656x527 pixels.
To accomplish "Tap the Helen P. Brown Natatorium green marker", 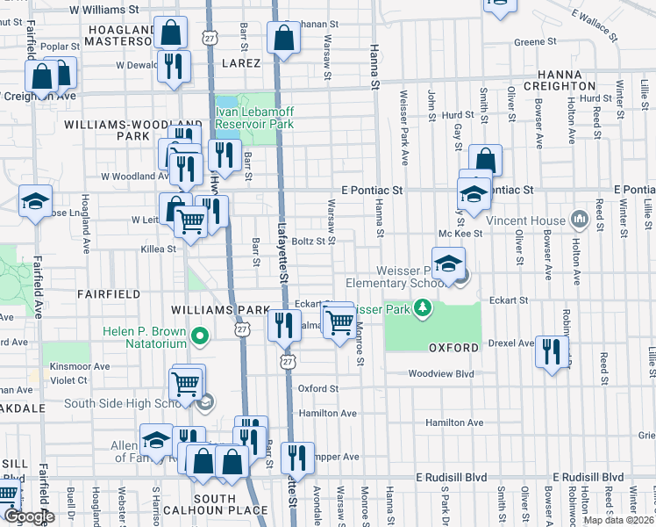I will coord(200,335).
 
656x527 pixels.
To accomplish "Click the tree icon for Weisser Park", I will coord(424,307).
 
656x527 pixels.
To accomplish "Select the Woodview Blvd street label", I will coord(440,373).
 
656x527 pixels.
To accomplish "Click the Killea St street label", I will coord(159,249).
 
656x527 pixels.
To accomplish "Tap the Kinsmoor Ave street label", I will coord(80,366).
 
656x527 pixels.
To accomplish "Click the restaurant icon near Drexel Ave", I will coord(552,351).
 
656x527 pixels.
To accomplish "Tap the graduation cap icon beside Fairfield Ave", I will coord(35,201).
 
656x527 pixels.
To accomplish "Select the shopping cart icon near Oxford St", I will coord(186,383).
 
